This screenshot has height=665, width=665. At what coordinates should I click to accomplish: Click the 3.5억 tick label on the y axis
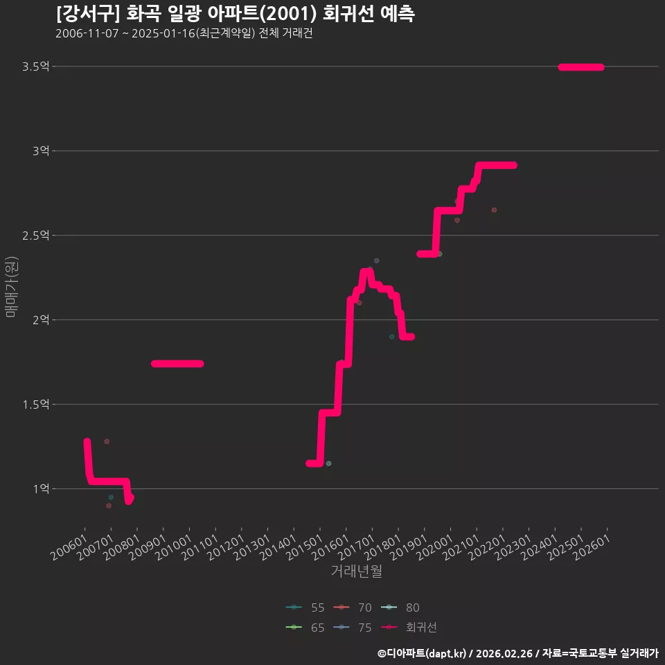pos(35,66)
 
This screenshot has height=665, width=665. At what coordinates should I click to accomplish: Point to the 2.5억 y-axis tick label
pos(35,236)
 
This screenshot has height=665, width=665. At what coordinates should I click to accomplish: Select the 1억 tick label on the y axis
pos(41,489)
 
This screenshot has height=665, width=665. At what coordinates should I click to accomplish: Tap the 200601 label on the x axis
pos(69,547)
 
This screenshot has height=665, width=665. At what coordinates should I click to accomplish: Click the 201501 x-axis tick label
pos(304,547)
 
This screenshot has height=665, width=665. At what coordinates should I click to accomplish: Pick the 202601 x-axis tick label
pos(592,547)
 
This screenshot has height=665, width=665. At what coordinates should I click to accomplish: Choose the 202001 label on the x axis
pos(435,547)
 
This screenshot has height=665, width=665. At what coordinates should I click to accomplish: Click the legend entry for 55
pos(305,608)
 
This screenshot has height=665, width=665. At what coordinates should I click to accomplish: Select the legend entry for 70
pos(353,608)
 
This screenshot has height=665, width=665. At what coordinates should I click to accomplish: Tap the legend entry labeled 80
pos(400,608)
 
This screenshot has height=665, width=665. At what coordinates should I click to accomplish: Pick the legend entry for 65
pos(305,628)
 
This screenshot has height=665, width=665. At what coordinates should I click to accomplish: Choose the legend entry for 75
pos(353,628)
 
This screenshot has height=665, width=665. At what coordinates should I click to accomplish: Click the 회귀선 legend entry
pos(409,628)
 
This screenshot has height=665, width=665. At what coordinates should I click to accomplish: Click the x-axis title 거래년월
pos(356,571)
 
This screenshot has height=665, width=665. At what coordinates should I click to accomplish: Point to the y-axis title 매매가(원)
pos(12,287)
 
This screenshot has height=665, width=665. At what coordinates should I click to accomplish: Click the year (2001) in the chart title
pos(288,14)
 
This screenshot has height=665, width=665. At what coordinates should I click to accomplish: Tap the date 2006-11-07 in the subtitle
pos(87,33)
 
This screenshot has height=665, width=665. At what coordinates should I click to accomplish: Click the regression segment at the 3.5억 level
pos(581,67)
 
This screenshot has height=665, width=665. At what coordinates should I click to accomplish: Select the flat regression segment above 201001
pos(177,364)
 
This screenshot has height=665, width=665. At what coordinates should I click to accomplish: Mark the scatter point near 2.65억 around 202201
pos(494,210)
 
